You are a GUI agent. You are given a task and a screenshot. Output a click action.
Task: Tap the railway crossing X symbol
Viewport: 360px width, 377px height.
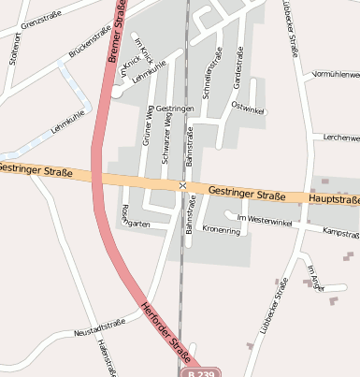pyautogui.click(x=182, y=185)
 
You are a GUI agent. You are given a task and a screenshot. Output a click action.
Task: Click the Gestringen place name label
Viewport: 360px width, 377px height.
pyautogui.click(x=175, y=109)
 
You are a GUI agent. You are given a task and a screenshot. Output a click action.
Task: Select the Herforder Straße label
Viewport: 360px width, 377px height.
pyautogui.click(x=166, y=331)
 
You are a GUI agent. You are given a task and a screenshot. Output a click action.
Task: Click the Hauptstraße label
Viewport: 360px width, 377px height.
pyautogui.click(x=335, y=199)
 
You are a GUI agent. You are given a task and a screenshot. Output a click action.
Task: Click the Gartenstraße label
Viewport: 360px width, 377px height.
pyautogui.click(x=239, y=65)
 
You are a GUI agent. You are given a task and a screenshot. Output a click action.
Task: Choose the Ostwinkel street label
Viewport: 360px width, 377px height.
pyautogui.click(x=248, y=108)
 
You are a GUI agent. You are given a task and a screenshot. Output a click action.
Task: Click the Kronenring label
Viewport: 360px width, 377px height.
pyautogui.click(x=222, y=229)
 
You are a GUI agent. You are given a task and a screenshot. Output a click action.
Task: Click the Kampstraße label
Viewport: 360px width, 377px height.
pyautogui.click(x=340, y=233)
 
